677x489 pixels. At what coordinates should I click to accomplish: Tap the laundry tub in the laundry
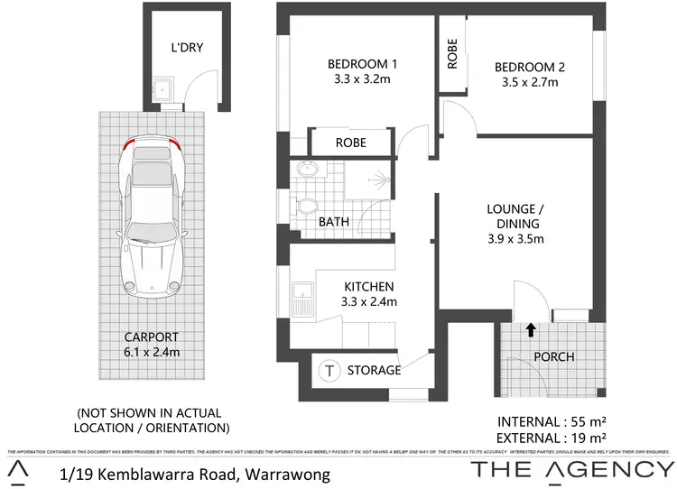161,89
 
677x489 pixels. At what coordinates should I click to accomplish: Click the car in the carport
151,219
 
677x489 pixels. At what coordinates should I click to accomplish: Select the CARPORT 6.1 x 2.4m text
151,343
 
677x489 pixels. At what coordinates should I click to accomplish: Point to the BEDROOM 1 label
362,71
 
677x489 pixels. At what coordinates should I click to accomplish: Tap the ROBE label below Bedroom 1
350,143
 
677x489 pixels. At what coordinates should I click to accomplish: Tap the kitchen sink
302,299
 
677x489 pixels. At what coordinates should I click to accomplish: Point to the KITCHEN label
367,294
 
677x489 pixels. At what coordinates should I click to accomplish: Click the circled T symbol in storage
330,370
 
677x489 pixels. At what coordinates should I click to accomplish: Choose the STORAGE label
373,370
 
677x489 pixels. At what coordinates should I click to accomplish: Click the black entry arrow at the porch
530,330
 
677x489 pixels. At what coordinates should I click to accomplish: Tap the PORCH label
554,356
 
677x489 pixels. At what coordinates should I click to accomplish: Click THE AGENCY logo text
572,469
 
